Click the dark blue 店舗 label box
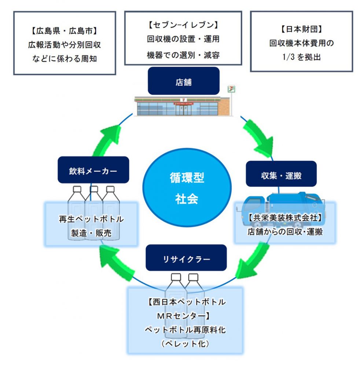coord(183,81)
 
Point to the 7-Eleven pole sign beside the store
coord(231,89)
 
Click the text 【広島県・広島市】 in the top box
coord(64,31)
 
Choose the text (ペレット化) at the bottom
coord(185,344)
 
